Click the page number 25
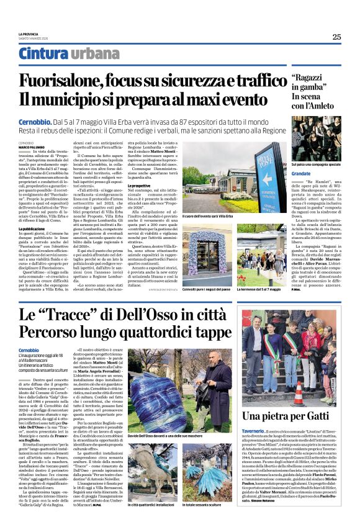tap(336, 37)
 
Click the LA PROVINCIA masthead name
tap(28, 34)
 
